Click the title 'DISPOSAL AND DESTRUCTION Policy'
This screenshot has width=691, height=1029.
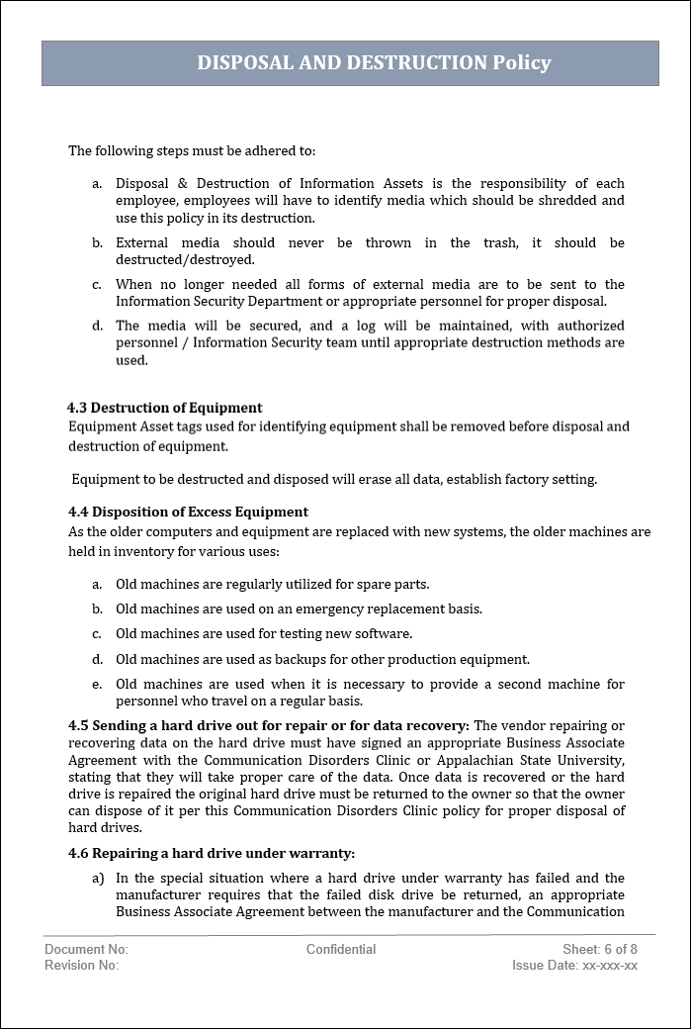pyautogui.click(x=374, y=63)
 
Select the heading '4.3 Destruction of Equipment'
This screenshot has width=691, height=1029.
pyautogui.click(x=164, y=408)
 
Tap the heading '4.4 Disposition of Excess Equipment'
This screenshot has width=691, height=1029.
pyautogui.click(x=188, y=512)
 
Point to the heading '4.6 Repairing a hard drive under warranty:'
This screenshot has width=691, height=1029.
pyautogui.click(x=211, y=853)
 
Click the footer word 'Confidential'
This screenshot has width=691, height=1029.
pyautogui.click(x=341, y=949)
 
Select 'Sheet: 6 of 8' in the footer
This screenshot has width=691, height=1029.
pyautogui.click(x=600, y=949)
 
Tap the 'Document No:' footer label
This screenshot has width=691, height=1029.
pyautogui.click(x=86, y=949)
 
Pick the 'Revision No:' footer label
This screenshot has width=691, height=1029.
pyautogui.click(x=81, y=965)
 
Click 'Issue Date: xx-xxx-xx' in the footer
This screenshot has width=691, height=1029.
pyautogui.click(x=574, y=965)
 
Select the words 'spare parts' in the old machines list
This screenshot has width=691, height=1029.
pyautogui.click(x=391, y=584)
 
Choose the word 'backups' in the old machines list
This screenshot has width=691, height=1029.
pyautogui.click(x=295, y=659)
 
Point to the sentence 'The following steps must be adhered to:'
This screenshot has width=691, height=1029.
pyautogui.click(x=192, y=150)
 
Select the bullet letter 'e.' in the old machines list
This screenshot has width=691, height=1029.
pyautogui.click(x=97, y=684)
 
